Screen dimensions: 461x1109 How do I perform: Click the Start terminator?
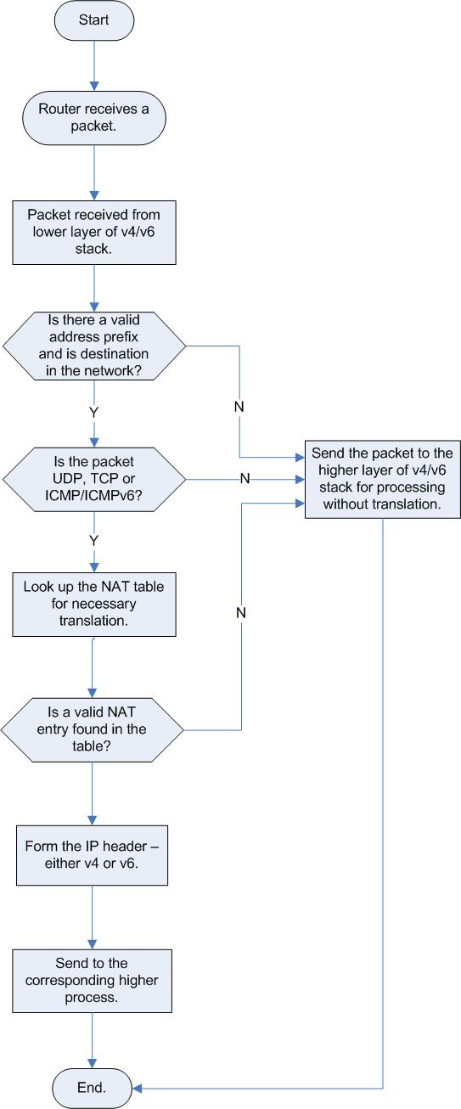(93, 20)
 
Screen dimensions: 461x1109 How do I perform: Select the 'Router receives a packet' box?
(93, 118)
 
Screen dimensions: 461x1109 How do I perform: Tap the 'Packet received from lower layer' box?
(94, 232)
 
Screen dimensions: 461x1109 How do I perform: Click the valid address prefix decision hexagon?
(94, 346)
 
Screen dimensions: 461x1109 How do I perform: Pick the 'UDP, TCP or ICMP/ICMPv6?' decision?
(94, 479)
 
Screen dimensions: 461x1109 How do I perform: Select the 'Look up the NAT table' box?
(94, 604)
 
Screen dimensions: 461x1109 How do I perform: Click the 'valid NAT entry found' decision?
(92, 729)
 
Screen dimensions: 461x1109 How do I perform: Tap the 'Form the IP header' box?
(92, 855)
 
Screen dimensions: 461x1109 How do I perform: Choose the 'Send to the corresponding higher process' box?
(92, 980)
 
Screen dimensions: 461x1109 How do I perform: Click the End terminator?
(92, 1088)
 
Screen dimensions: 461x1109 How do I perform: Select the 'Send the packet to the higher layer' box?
(382, 479)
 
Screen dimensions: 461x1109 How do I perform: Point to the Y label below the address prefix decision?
(93, 412)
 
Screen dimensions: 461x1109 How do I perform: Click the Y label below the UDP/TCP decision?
(93, 540)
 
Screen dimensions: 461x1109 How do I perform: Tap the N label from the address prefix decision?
(239, 407)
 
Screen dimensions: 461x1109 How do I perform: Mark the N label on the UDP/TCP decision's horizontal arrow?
(245, 478)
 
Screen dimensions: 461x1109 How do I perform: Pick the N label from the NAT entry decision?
(241, 612)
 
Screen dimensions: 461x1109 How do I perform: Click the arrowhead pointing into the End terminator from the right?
(138, 1089)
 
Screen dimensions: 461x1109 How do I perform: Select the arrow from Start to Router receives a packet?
(94, 66)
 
